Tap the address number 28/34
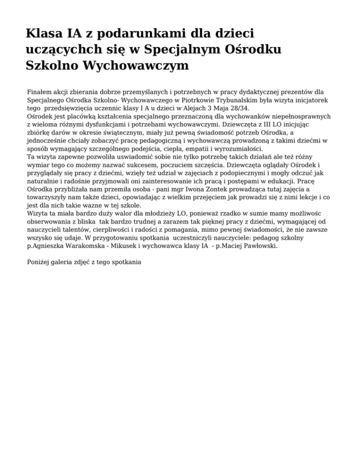(239, 108)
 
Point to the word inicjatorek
(309, 100)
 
